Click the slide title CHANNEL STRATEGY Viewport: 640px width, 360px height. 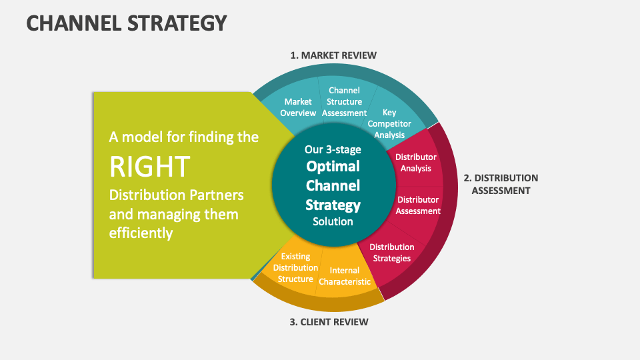click(126, 23)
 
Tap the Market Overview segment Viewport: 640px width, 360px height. click(298, 107)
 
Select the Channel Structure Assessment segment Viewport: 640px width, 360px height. click(344, 101)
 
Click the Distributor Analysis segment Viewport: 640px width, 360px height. click(416, 163)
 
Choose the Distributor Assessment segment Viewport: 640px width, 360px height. click(418, 205)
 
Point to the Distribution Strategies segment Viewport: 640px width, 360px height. click(391, 252)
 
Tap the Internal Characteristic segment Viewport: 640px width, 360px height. click(344, 275)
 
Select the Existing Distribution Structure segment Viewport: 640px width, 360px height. click(295, 267)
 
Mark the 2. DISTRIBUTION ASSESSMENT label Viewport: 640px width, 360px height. click(501, 184)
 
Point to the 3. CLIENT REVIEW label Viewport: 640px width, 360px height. click(329, 322)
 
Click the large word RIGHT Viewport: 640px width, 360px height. click(149, 166)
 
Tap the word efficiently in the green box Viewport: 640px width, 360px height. click(141, 233)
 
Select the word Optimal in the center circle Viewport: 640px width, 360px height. click(333, 166)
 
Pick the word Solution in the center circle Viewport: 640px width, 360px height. click(333, 221)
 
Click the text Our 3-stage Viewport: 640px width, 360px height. click(333, 149)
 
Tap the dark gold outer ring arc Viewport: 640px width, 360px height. click(313, 301)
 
